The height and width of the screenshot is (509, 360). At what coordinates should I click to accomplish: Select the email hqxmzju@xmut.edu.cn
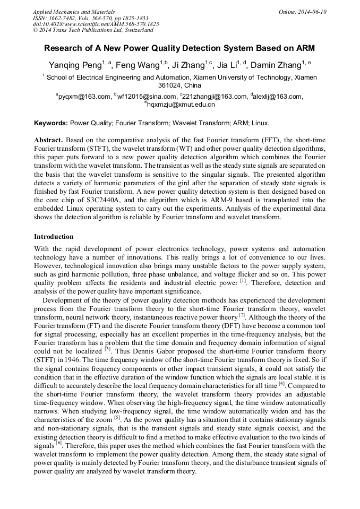(181, 105)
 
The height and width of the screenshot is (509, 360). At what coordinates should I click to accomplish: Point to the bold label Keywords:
(51, 123)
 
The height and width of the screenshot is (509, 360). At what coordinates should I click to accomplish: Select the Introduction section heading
(54, 237)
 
